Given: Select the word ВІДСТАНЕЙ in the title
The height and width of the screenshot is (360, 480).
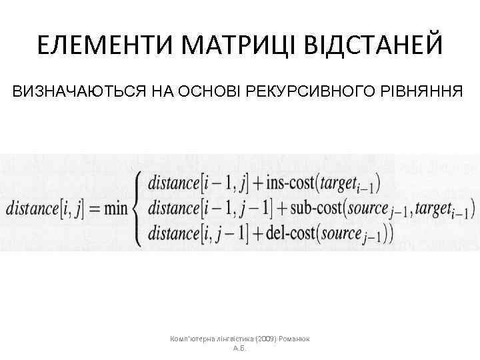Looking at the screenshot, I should click(373, 46).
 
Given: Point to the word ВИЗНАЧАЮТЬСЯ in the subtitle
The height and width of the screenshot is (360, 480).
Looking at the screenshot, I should click(79, 91).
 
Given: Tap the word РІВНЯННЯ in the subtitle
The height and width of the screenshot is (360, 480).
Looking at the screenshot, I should click(425, 91).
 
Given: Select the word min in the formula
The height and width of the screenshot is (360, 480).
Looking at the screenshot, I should click(115, 208).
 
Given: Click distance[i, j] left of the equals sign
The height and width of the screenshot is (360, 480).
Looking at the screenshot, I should click(43, 208).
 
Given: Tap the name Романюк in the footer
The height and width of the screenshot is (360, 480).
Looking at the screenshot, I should click(300, 339).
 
